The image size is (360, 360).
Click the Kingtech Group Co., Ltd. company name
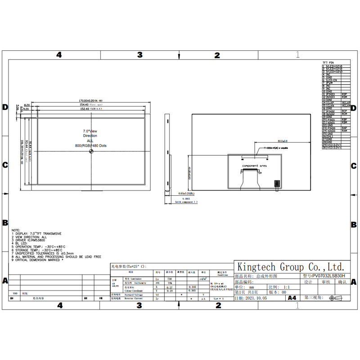pos(290,266)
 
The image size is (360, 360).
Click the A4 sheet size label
pos(292,298)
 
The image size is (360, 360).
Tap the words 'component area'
pos(254,166)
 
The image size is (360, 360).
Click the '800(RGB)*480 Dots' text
pos(91,146)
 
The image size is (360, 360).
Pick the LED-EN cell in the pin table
pos(333,80)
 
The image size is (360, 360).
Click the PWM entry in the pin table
pos(330,83)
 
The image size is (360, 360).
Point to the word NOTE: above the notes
pos(16,230)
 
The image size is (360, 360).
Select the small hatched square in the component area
pos(277,183)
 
